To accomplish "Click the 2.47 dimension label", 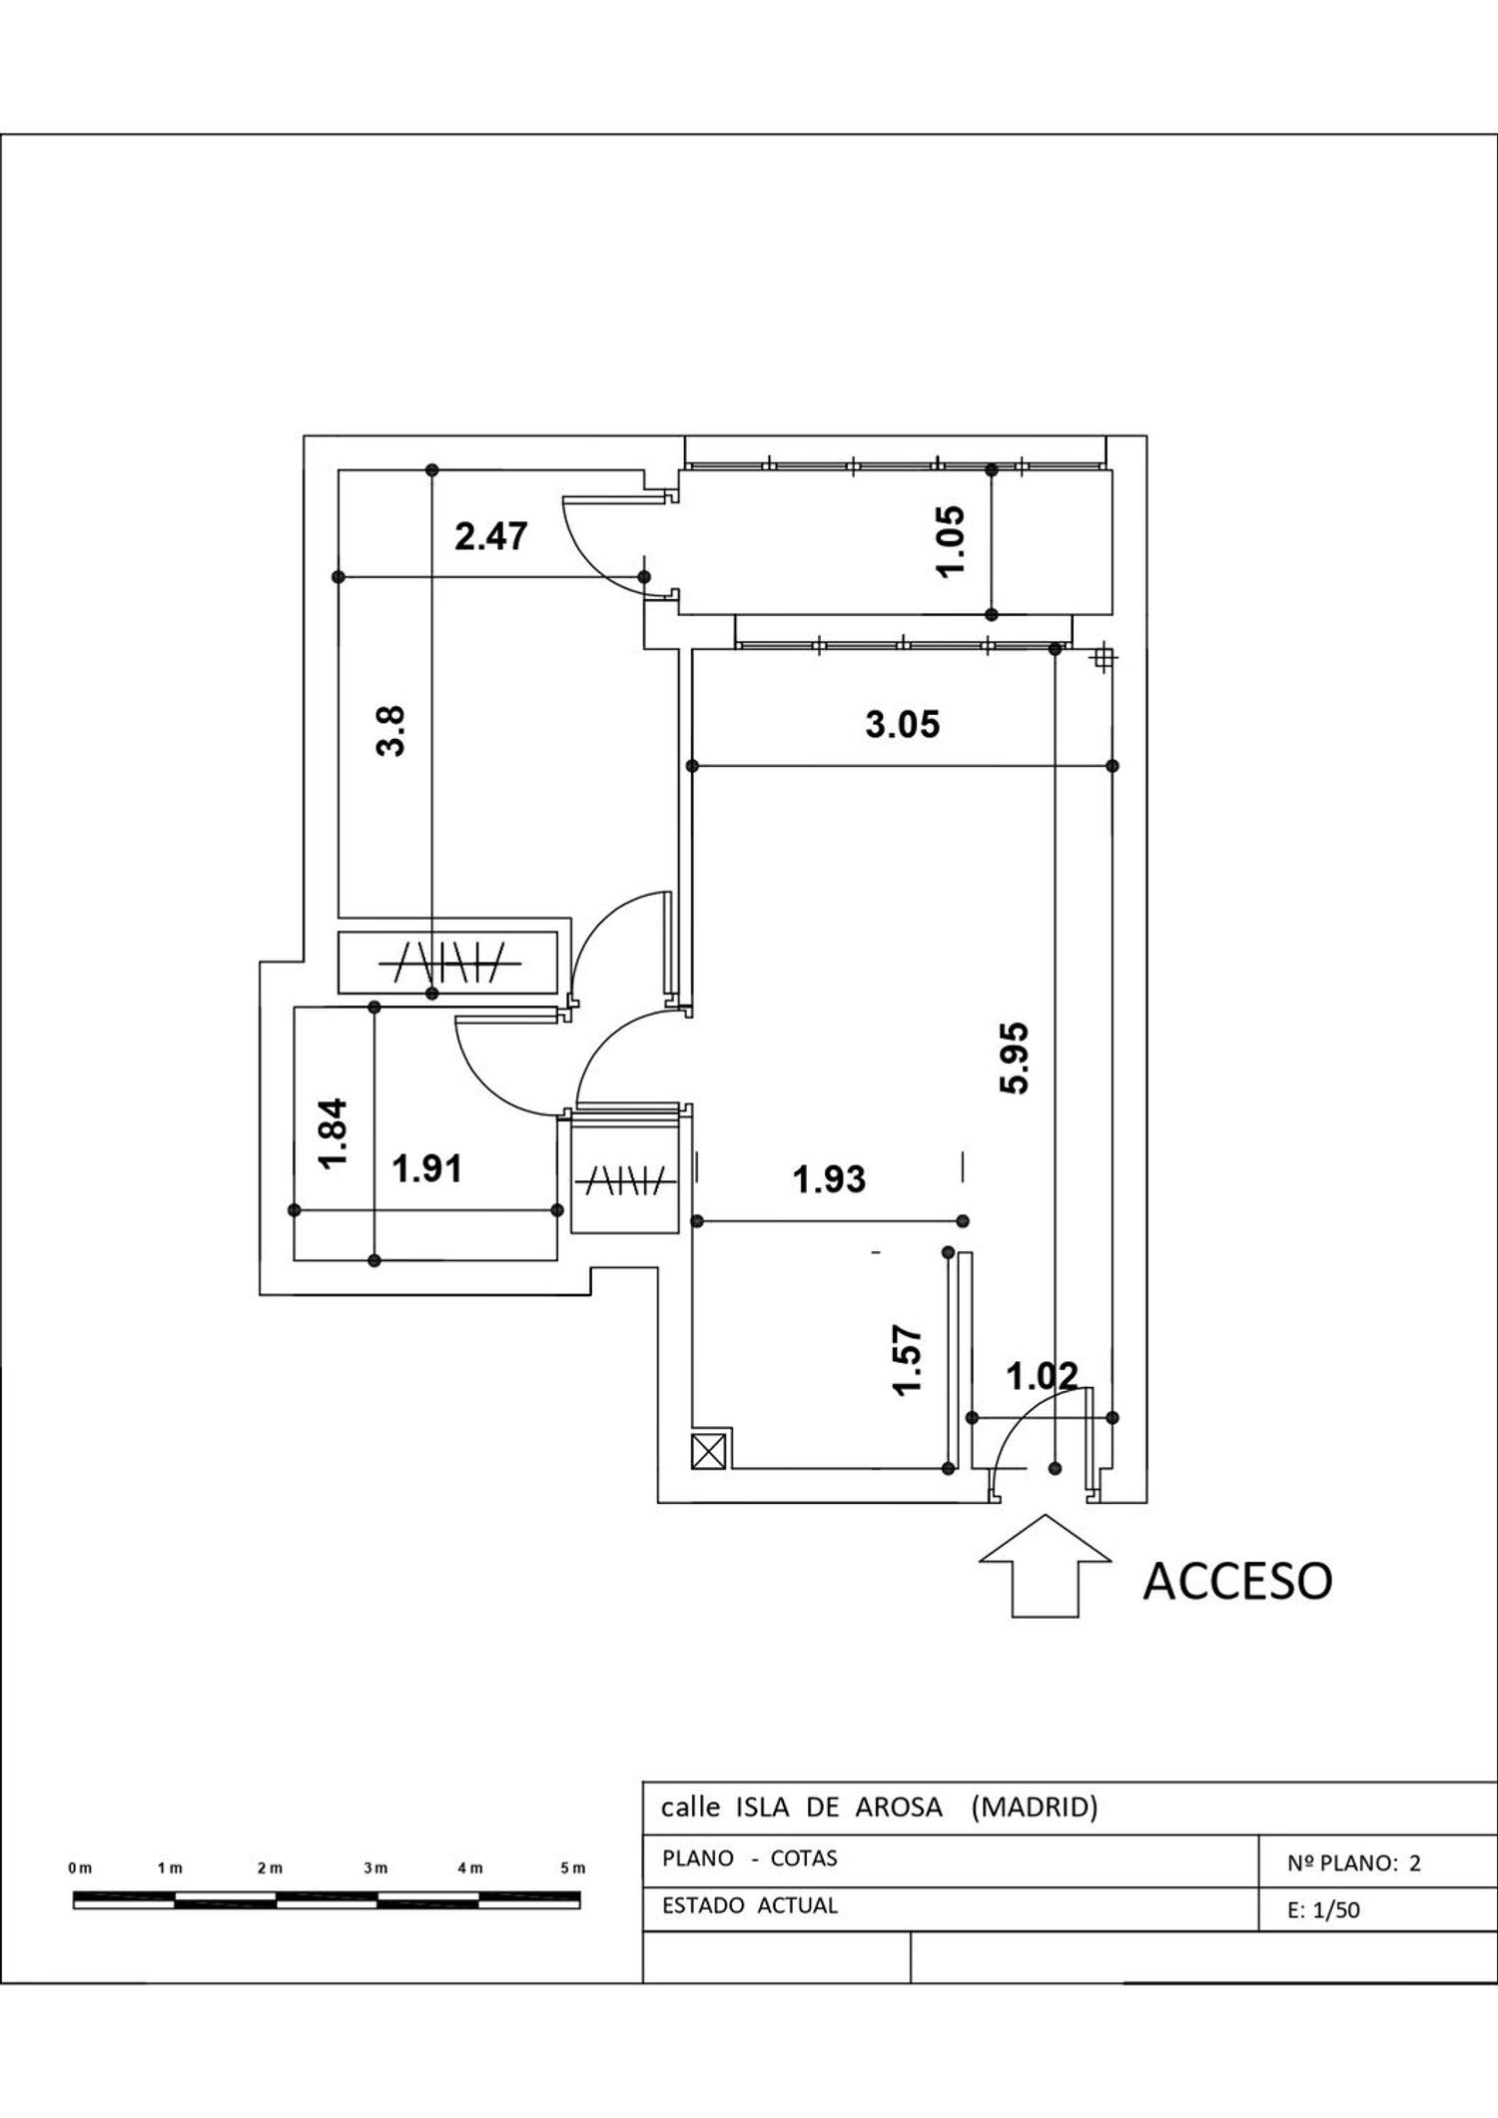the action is coord(490,536).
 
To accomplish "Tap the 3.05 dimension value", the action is coord(903,724).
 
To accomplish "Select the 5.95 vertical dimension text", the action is coord(1015,1059).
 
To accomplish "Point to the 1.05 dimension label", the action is coord(952,539).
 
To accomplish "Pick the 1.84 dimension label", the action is coord(332,1132).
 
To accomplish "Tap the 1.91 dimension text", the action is coord(427,1167).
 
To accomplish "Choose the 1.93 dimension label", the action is coord(829,1179).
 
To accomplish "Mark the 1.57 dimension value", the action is coord(907,1360).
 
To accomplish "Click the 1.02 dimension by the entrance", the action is coord(1042,1377).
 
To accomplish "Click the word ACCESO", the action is coord(1237,1581).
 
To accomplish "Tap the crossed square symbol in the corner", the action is coord(711,1449).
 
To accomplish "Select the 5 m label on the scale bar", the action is coord(572,1867).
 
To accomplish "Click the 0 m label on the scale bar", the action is coord(80,1867).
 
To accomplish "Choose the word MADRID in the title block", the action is coord(1035,1806).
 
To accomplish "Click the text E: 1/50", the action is coord(1323,1910).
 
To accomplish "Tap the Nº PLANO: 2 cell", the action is coord(1353,1862).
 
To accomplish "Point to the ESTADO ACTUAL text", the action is coord(750,1905).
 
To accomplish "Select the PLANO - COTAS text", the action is coord(749,1858).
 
